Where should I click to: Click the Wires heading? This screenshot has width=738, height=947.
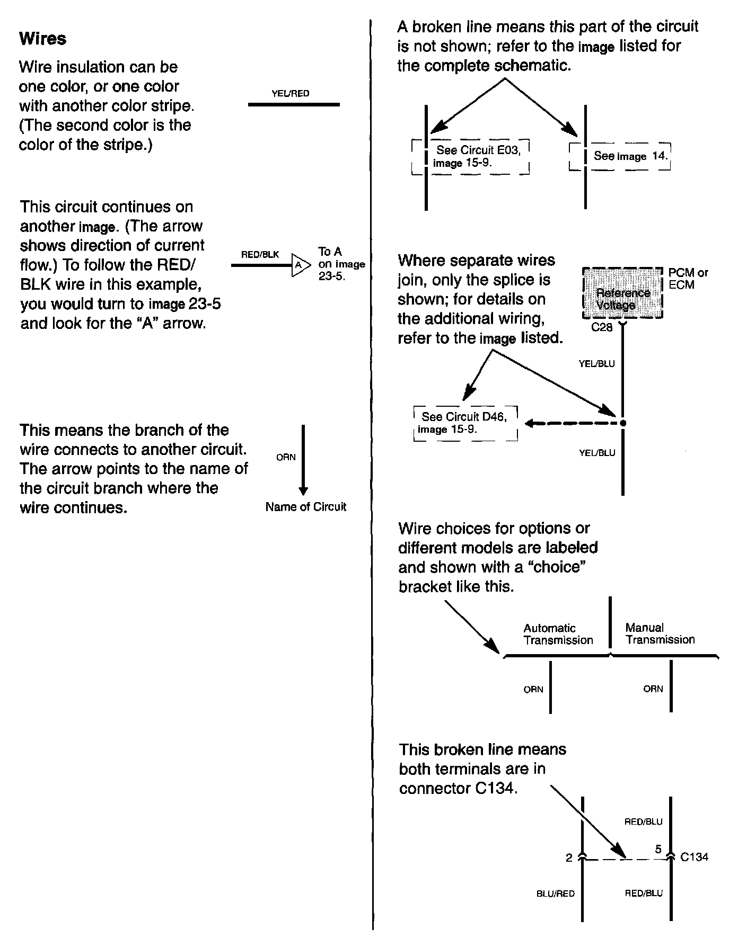tap(42, 39)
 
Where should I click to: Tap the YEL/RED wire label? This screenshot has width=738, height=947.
tap(290, 94)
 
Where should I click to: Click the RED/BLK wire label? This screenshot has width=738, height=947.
tap(260, 255)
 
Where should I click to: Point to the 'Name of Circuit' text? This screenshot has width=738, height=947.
tap(305, 507)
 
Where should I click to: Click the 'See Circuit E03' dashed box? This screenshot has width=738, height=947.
tap(471, 157)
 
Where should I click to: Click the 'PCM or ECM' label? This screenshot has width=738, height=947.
tap(688, 279)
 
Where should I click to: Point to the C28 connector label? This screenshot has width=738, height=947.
tap(602, 327)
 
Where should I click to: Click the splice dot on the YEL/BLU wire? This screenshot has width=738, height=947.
tap(623, 423)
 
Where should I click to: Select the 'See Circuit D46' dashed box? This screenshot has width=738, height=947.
tap(465, 423)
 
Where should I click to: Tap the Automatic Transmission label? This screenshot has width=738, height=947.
tap(558, 634)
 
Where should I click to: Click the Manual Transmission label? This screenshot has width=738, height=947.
tap(660, 633)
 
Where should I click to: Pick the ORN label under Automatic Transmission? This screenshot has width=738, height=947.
tap(533, 689)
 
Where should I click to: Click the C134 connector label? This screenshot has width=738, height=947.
tap(694, 856)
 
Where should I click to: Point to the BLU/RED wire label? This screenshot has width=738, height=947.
tap(555, 894)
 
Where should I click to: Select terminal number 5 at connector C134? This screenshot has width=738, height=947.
tap(658, 849)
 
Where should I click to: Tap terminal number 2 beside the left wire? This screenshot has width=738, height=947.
tap(569, 857)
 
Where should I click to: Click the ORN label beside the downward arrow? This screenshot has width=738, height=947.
tap(286, 457)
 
